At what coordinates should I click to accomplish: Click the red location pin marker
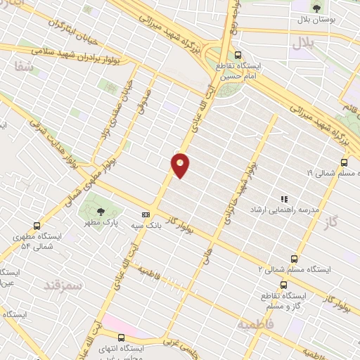click(x=181, y=165)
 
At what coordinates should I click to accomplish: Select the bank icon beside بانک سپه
click(x=146, y=214)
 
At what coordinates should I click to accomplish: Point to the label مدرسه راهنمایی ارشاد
click(x=285, y=210)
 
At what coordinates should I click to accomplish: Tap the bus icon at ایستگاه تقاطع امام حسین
click(x=238, y=55)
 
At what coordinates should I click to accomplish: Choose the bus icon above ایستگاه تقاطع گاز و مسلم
click(x=283, y=285)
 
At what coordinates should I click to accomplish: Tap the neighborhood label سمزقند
click(x=64, y=285)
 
